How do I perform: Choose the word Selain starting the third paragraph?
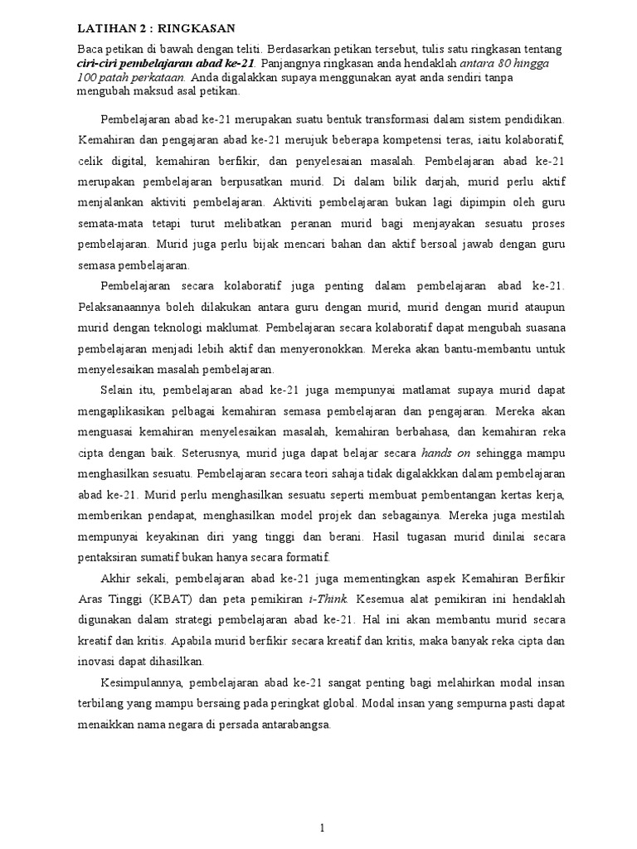coord(119,389)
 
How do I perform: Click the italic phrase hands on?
coord(446,454)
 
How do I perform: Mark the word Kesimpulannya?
coord(145,682)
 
